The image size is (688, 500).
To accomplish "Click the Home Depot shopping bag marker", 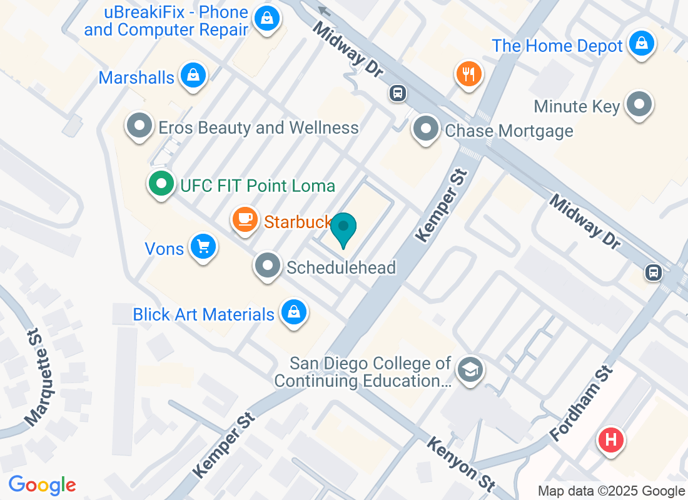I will tap(641, 44).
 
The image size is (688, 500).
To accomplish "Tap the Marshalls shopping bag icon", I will tap(193, 76).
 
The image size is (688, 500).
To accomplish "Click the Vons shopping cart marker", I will tap(203, 246).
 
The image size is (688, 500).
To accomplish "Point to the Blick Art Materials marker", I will tap(293, 312).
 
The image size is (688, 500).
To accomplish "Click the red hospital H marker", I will tap(611, 439).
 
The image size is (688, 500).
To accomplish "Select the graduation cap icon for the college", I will tap(468, 369).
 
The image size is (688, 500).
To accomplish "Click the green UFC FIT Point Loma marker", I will tap(162, 184).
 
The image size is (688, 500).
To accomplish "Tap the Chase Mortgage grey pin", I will tap(426, 129).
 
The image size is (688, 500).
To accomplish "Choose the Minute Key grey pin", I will tap(639, 104).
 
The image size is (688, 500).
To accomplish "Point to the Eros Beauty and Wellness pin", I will tap(139, 126).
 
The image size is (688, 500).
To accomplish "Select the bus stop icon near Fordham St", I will tap(654, 272).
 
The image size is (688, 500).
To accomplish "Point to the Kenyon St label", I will tap(461, 464).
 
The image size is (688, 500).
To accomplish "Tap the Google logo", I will tap(43, 485).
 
